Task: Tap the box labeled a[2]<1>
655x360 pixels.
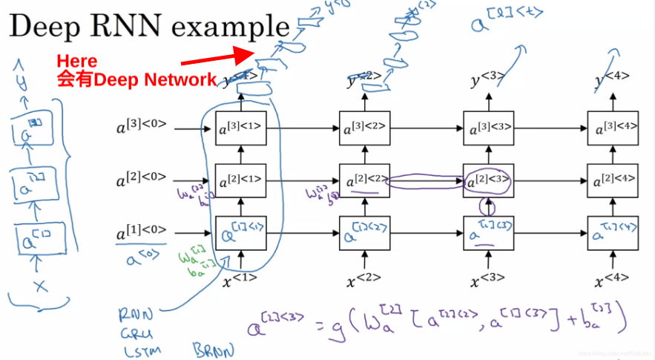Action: (240, 180)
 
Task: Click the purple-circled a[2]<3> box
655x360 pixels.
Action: (488, 180)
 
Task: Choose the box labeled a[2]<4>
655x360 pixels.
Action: (612, 180)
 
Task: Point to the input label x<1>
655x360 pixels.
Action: (240, 280)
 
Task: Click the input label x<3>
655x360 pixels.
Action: (488, 281)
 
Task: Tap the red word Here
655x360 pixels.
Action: (77, 61)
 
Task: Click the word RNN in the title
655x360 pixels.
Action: (130, 27)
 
